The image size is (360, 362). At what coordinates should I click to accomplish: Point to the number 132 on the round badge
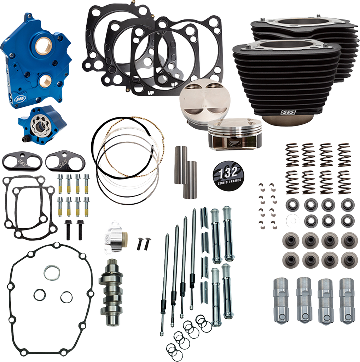(x=226, y=174)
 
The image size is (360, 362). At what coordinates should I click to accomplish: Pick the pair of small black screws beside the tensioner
(x=144, y=242)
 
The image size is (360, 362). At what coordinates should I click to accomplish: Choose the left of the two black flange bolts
(x=68, y=228)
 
